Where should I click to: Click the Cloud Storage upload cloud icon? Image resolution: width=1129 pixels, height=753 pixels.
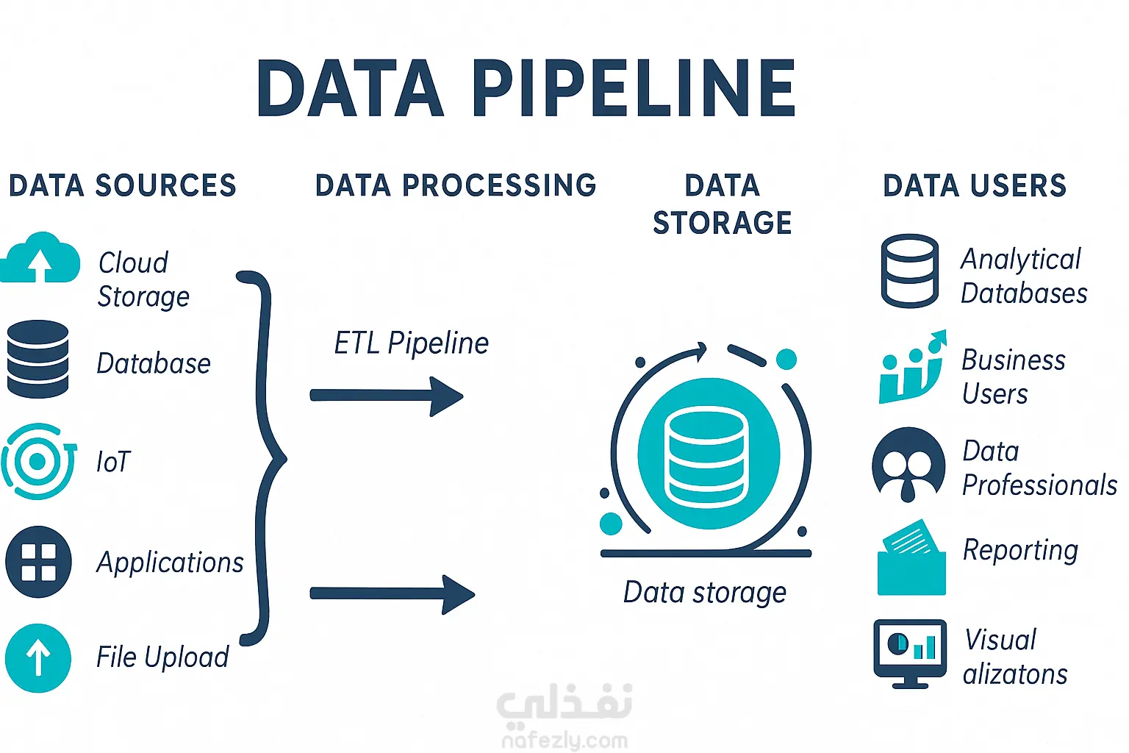[x=40, y=259]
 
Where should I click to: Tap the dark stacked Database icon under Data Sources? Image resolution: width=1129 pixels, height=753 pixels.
[x=37, y=359]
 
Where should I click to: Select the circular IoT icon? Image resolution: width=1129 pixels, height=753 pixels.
[x=38, y=462]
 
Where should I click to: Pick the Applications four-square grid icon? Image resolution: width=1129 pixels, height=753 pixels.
[x=38, y=562]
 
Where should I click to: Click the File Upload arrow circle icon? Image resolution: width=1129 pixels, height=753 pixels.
[x=38, y=658]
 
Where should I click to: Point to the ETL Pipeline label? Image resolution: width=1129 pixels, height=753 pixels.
[x=411, y=343]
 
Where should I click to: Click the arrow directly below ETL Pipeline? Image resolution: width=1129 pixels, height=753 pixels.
[x=387, y=396]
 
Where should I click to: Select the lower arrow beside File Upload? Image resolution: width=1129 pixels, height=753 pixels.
[x=392, y=593]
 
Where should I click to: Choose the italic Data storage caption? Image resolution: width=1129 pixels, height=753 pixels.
[x=704, y=593]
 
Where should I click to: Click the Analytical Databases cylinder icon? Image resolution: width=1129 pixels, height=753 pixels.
[x=909, y=271]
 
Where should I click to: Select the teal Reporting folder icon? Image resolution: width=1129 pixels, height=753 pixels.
[x=911, y=560]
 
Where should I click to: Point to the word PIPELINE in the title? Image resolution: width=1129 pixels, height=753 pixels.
[x=633, y=90]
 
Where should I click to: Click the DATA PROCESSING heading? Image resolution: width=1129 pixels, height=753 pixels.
[x=455, y=185]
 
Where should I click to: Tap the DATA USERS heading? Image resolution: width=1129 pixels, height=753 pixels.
[x=974, y=186]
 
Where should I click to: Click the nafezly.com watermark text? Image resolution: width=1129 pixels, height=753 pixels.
[x=564, y=740]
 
